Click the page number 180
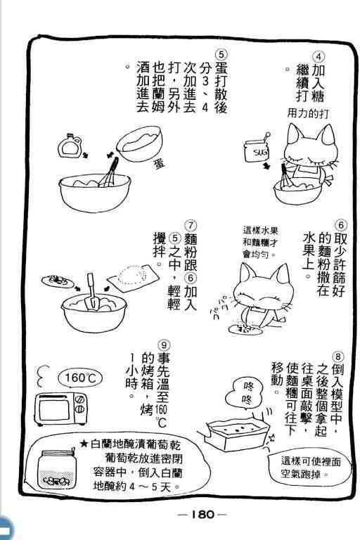click(x=202, y=515)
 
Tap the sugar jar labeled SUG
click(x=257, y=150)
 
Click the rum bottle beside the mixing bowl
click(x=70, y=146)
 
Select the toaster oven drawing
click(x=60, y=409)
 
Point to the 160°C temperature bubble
click(x=80, y=378)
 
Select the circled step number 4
click(x=319, y=57)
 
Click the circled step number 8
click(x=338, y=357)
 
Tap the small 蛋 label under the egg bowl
click(x=159, y=163)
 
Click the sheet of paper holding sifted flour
click(x=133, y=278)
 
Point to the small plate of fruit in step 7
click(x=58, y=281)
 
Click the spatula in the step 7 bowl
click(x=91, y=292)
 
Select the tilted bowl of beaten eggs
click(x=139, y=143)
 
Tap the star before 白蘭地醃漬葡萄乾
click(x=84, y=443)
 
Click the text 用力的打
click(x=308, y=113)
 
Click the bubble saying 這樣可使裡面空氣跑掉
click(x=309, y=468)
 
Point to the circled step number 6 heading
click(x=341, y=226)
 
